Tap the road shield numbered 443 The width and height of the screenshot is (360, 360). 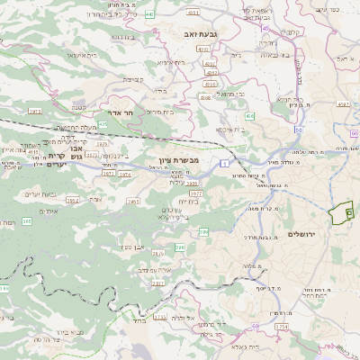click(x=149, y=15)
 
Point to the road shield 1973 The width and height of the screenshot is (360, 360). click(x=35, y=111)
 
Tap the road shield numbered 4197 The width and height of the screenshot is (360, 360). click(x=344, y=104)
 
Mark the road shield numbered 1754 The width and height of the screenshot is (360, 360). click(x=281, y=327)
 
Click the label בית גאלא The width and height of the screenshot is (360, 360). click(x=246, y=346)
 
